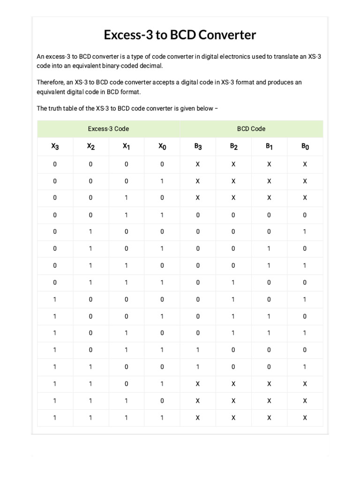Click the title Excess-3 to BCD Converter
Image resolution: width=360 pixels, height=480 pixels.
(180, 35)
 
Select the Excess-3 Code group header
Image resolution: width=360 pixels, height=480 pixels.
(108, 128)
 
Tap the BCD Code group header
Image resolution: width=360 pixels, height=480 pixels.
(251, 128)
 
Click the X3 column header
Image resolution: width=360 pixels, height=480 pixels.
(55, 147)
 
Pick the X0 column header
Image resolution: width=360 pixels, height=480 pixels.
(162, 147)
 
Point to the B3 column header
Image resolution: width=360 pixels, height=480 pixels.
(198, 147)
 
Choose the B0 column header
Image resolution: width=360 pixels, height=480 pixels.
(305, 147)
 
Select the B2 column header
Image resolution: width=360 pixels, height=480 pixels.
(233, 147)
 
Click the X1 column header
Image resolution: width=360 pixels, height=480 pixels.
(126, 147)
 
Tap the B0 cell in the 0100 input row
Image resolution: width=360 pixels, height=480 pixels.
(305, 232)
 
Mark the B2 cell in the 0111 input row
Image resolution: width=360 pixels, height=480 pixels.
(233, 282)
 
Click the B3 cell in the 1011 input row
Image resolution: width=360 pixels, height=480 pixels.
(198, 350)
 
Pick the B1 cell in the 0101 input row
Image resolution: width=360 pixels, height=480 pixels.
(269, 248)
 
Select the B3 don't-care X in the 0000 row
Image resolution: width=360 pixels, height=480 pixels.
(198, 164)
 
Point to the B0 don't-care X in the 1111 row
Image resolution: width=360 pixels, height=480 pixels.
(305, 417)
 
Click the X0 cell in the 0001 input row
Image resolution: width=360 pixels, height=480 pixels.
(162, 181)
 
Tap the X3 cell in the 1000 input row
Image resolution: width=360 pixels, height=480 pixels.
(55, 299)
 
